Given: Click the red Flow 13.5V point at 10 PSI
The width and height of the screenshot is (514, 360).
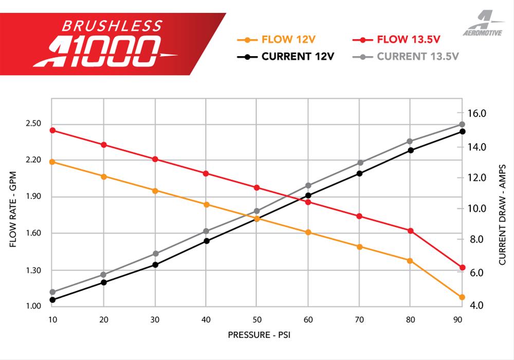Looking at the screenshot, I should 52,130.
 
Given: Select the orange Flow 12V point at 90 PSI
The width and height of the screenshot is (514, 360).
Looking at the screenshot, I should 462,297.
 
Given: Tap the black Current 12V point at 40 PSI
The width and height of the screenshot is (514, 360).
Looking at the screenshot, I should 206,241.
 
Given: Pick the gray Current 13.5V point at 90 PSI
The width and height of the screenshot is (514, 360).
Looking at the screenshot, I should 462,124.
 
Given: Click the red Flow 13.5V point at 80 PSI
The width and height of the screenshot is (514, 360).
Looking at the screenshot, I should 411,230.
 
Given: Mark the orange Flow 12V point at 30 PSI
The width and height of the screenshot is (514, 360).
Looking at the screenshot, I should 155,190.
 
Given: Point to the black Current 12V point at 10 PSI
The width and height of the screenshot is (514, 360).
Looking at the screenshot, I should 52,300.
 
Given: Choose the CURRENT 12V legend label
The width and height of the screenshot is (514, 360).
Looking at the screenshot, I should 298,56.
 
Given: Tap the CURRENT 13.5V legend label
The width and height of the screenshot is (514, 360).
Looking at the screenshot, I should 418,56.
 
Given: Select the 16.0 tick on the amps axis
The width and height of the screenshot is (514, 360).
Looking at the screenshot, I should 476,113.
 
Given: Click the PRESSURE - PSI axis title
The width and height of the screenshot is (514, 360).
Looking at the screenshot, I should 257,335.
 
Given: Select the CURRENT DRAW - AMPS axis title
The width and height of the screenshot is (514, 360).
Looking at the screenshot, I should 502,215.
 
